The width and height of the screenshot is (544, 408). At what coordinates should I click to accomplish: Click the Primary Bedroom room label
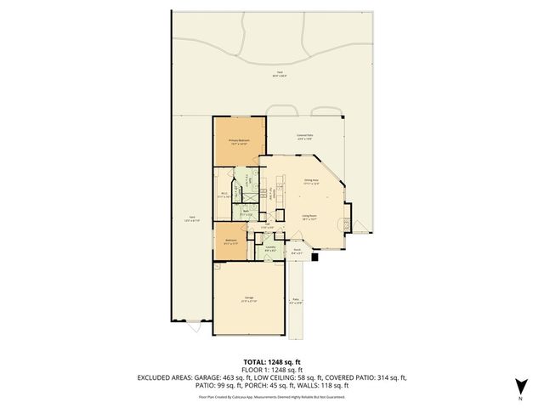point(238,141)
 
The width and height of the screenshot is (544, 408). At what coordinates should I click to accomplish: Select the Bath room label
point(246,214)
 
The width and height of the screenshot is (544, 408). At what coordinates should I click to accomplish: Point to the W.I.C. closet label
point(224,195)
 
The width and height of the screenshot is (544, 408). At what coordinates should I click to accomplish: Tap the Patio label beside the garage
point(297,301)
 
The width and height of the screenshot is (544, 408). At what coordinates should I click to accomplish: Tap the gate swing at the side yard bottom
point(194,326)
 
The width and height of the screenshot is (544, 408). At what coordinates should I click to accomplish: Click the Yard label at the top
point(280,75)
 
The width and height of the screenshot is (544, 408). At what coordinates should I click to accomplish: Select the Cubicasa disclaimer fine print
point(271,396)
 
